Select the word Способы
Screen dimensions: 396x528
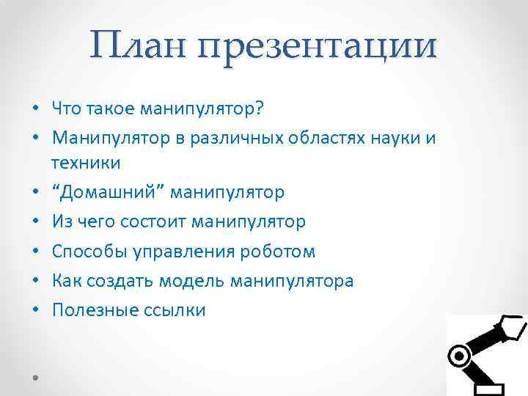[x=88, y=252]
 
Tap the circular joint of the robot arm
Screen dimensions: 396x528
[x=460, y=356]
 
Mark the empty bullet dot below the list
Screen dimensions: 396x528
[x=35, y=376]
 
